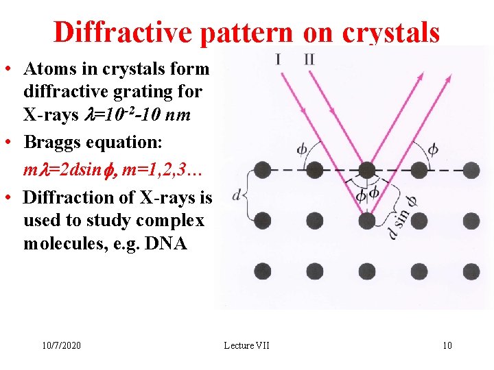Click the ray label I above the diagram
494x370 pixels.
click(278, 59)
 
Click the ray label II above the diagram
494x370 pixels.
click(309, 59)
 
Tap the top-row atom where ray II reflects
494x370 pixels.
click(367, 169)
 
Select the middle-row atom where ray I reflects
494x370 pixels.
click(367, 220)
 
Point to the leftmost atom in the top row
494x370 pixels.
click(261, 169)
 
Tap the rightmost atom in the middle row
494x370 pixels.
click(471, 220)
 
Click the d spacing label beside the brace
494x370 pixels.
click(236, 195)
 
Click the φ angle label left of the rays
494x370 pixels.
click(302, 149)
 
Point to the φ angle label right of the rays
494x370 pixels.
click(432, 149)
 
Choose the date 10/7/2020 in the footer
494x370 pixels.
click(60, 345)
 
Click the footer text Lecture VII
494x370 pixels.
click(246, 345)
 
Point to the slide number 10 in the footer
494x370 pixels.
click(447, 345)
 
